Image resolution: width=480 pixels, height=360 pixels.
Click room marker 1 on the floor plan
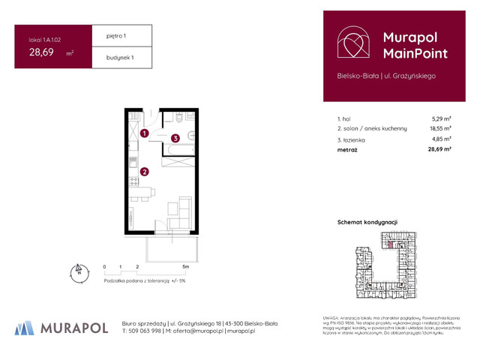click(x=145, y=133)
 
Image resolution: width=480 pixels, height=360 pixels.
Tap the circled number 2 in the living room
click(x=145, y=171)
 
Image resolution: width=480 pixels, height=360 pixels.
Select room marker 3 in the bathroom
click(x=174, y=138)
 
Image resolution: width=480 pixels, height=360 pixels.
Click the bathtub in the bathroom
click(x=179, y=154)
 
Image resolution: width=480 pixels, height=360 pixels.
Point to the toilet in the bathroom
click(x=190, y=135)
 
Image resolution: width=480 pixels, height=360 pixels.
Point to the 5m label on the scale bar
click(x=186, y=266)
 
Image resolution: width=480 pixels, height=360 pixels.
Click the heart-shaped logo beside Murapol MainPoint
click(x=352, y=44)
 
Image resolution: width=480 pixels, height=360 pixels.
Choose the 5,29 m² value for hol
click(x=441, y=118)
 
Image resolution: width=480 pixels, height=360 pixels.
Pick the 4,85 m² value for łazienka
click(x=441, y=139)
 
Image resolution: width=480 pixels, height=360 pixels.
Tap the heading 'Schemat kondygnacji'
click(x=368, y=223)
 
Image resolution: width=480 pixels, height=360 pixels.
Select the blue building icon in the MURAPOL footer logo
click(x=25, y=328)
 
